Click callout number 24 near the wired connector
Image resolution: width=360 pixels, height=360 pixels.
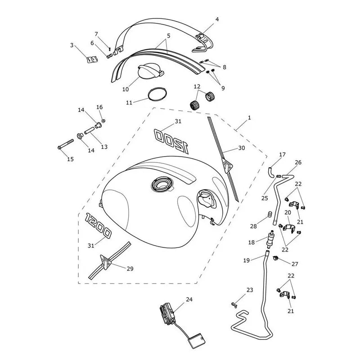189,299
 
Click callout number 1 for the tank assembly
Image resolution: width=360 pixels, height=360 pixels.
249,118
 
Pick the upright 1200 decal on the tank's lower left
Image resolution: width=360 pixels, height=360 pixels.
98,225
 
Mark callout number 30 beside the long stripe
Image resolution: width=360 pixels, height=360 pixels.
242,148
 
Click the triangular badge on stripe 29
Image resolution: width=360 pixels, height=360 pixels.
106,261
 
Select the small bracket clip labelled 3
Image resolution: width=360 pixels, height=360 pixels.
92,59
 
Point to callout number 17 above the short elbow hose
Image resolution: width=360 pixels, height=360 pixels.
282,154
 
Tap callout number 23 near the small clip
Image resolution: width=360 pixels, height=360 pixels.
250,290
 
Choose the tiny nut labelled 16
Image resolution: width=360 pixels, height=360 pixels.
103,121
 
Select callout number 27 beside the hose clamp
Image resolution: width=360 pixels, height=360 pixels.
295,264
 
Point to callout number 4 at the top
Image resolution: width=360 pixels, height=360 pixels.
217,19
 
